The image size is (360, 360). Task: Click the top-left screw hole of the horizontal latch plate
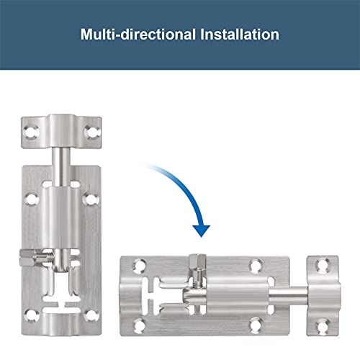(129, 267)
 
